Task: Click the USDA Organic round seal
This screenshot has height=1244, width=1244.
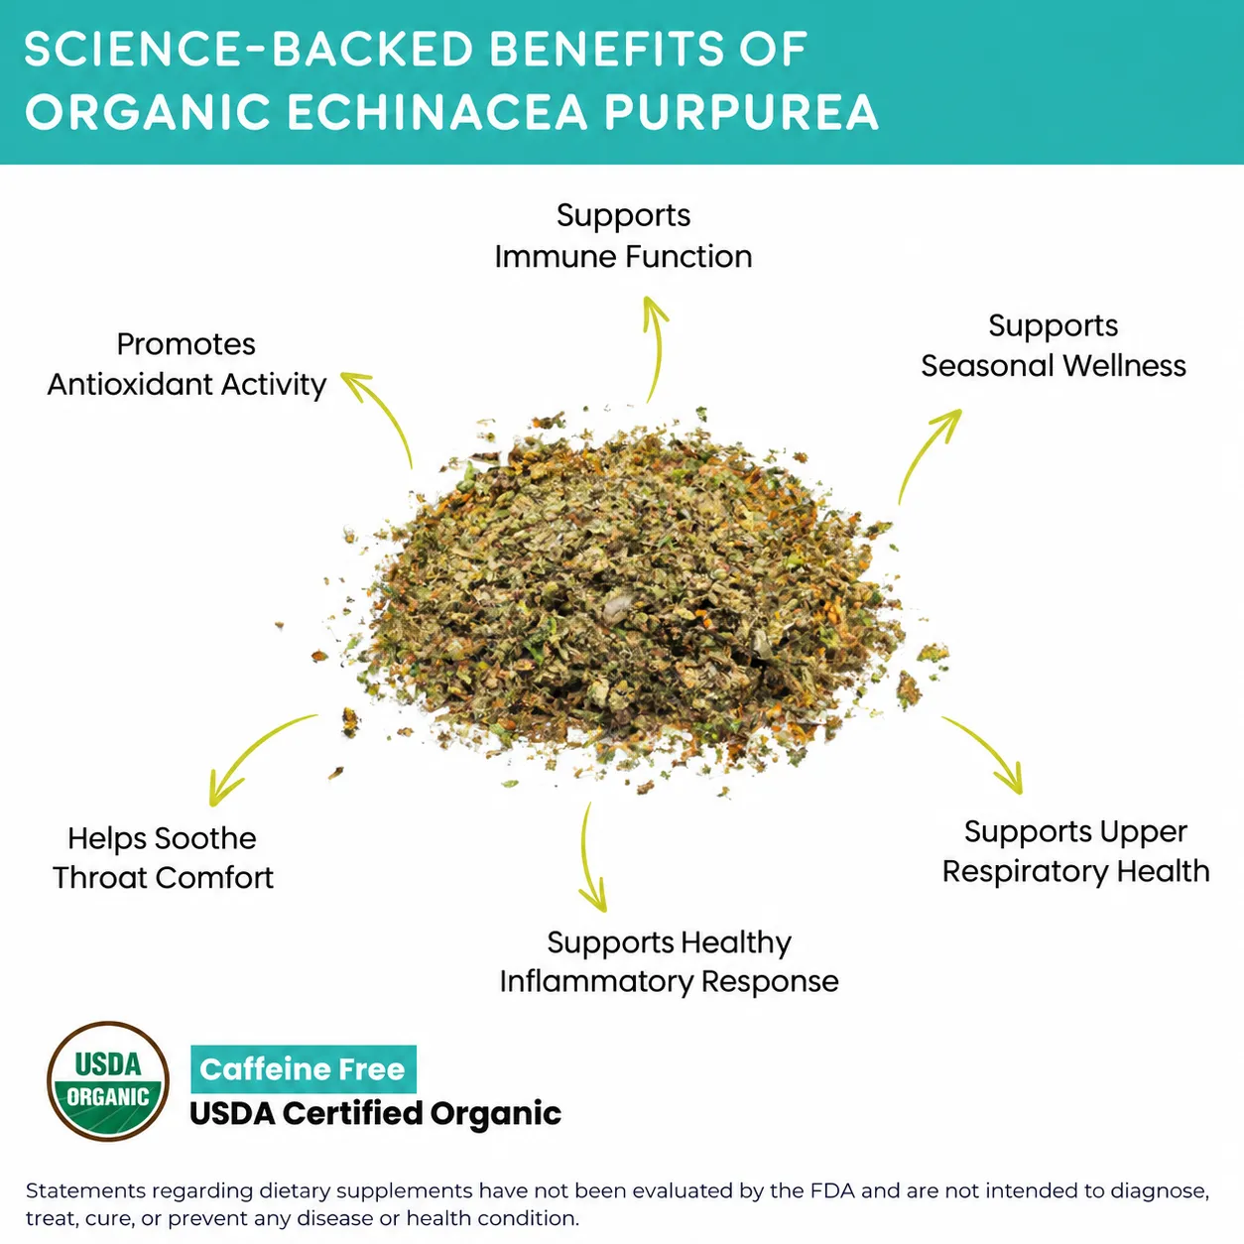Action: coord(108,1080)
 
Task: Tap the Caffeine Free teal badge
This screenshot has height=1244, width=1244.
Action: coord(304,1069)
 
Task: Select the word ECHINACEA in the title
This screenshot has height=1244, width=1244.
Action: coord(437,112)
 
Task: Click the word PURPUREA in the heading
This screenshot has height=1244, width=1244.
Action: coord(740,112)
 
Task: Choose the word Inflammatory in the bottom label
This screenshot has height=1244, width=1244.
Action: coord(595,981)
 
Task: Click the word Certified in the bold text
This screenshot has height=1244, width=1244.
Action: coord(353,1113)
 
